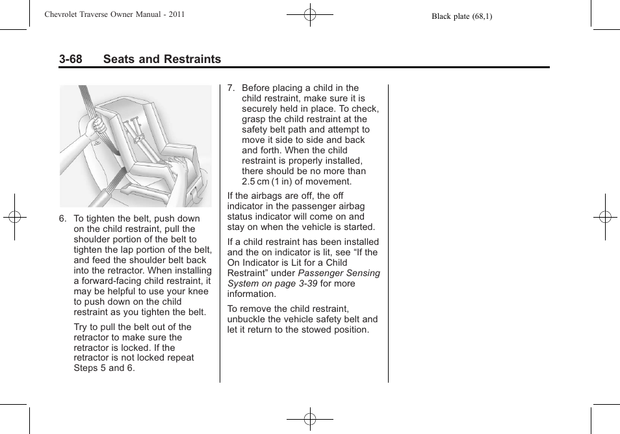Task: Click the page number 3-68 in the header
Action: (70, 59)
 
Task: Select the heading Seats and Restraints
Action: (161, 59)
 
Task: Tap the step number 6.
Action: (62, 219)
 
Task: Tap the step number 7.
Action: (231, 88)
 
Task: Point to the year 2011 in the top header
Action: (176, 14)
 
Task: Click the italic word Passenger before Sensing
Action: (320, 273)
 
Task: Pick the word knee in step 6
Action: (198, 291)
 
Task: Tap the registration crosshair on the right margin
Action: (605, 217)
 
